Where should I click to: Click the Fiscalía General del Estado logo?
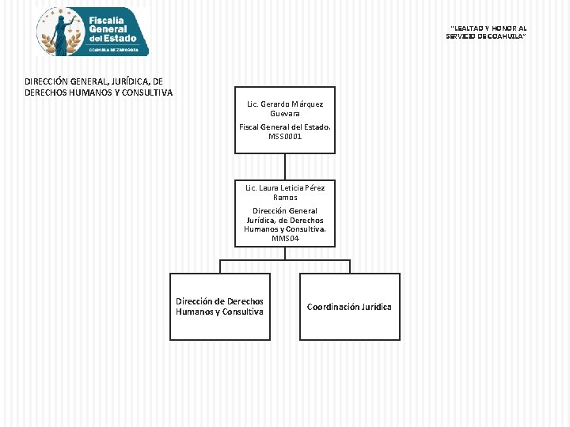click(93, 32)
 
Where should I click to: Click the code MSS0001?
click(285, 137)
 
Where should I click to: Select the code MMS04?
click(285, 239)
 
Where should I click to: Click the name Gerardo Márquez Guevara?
click(285, 108)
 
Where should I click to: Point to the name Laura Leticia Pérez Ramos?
click(285, 192)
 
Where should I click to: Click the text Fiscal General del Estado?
click(285, 127)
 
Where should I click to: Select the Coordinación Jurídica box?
click(350, 307)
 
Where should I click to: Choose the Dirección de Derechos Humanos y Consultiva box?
click(220, 307)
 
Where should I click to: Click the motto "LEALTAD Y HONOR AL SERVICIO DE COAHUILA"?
click(486, 32)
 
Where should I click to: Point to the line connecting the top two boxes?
click(285, 167)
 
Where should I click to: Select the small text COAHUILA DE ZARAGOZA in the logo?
click(114, 50)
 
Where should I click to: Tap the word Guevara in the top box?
click(285, 114)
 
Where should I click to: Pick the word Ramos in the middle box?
click(285, 198)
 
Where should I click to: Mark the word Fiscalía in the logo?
click(106, 21)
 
